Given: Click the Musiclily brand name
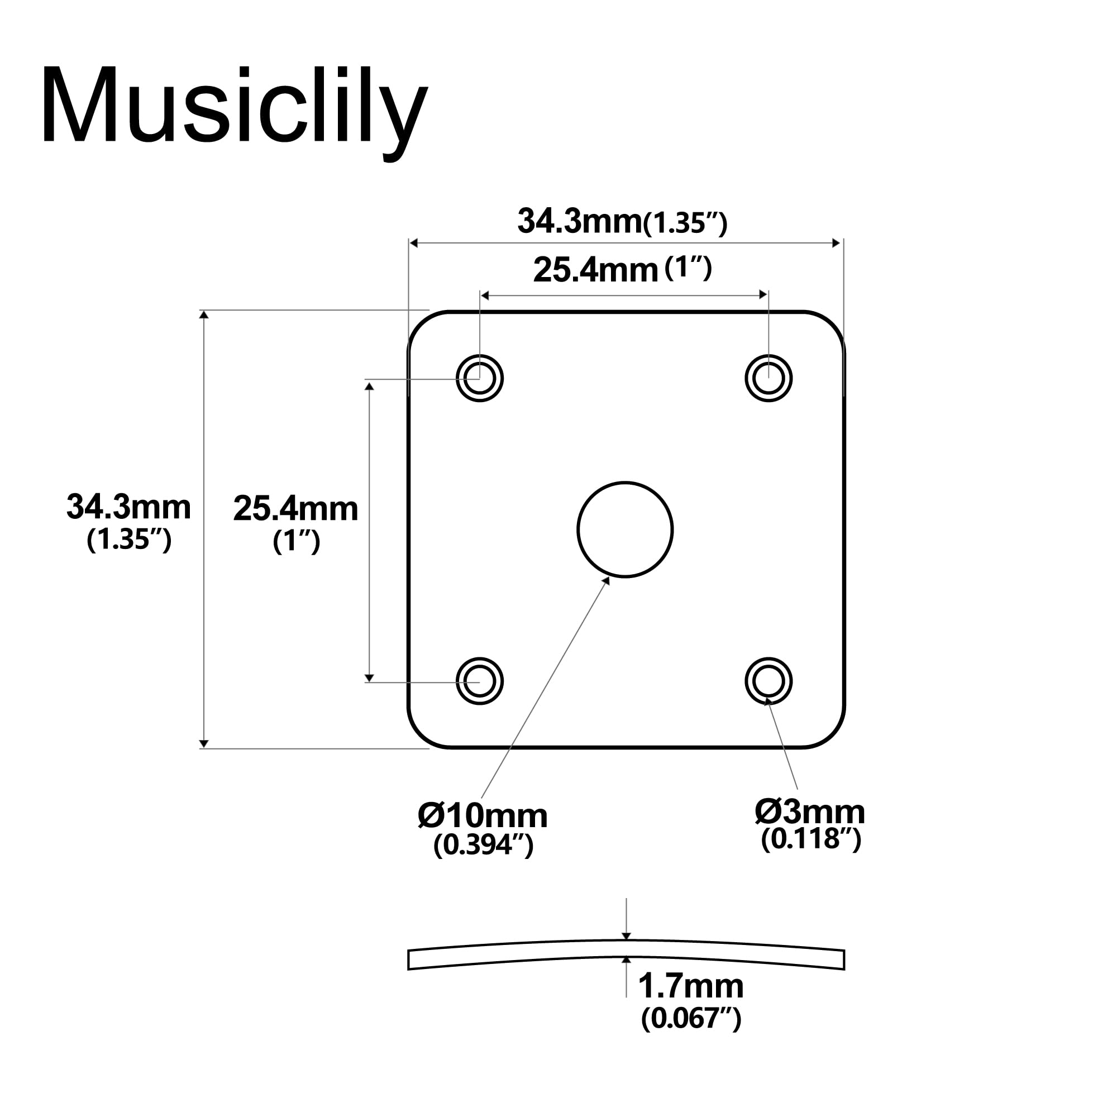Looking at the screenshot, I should click(234, 107).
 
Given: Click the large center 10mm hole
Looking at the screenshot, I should click(625, 529).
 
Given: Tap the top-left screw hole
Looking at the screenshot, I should click(479, 378).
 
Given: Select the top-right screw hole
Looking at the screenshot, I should click(768, 378).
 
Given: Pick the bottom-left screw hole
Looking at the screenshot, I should click(479, 681).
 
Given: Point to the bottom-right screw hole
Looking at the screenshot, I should click(768, 681).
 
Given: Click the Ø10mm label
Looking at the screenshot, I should click(482, 816).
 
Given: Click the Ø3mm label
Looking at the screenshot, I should click(809, 812).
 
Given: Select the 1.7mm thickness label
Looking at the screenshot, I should click(690, 986).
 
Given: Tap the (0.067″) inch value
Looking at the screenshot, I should click(690, 1018).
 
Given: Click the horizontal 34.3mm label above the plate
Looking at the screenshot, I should click(579, 221).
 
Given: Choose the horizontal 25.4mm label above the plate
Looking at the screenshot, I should click(595, 270).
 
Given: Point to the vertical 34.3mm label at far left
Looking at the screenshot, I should click(128, 507).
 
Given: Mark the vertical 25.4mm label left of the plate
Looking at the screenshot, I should click(295, 509).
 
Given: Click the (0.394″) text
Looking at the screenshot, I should click(483, 845).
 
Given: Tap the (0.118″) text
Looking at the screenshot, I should click(810, 839).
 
